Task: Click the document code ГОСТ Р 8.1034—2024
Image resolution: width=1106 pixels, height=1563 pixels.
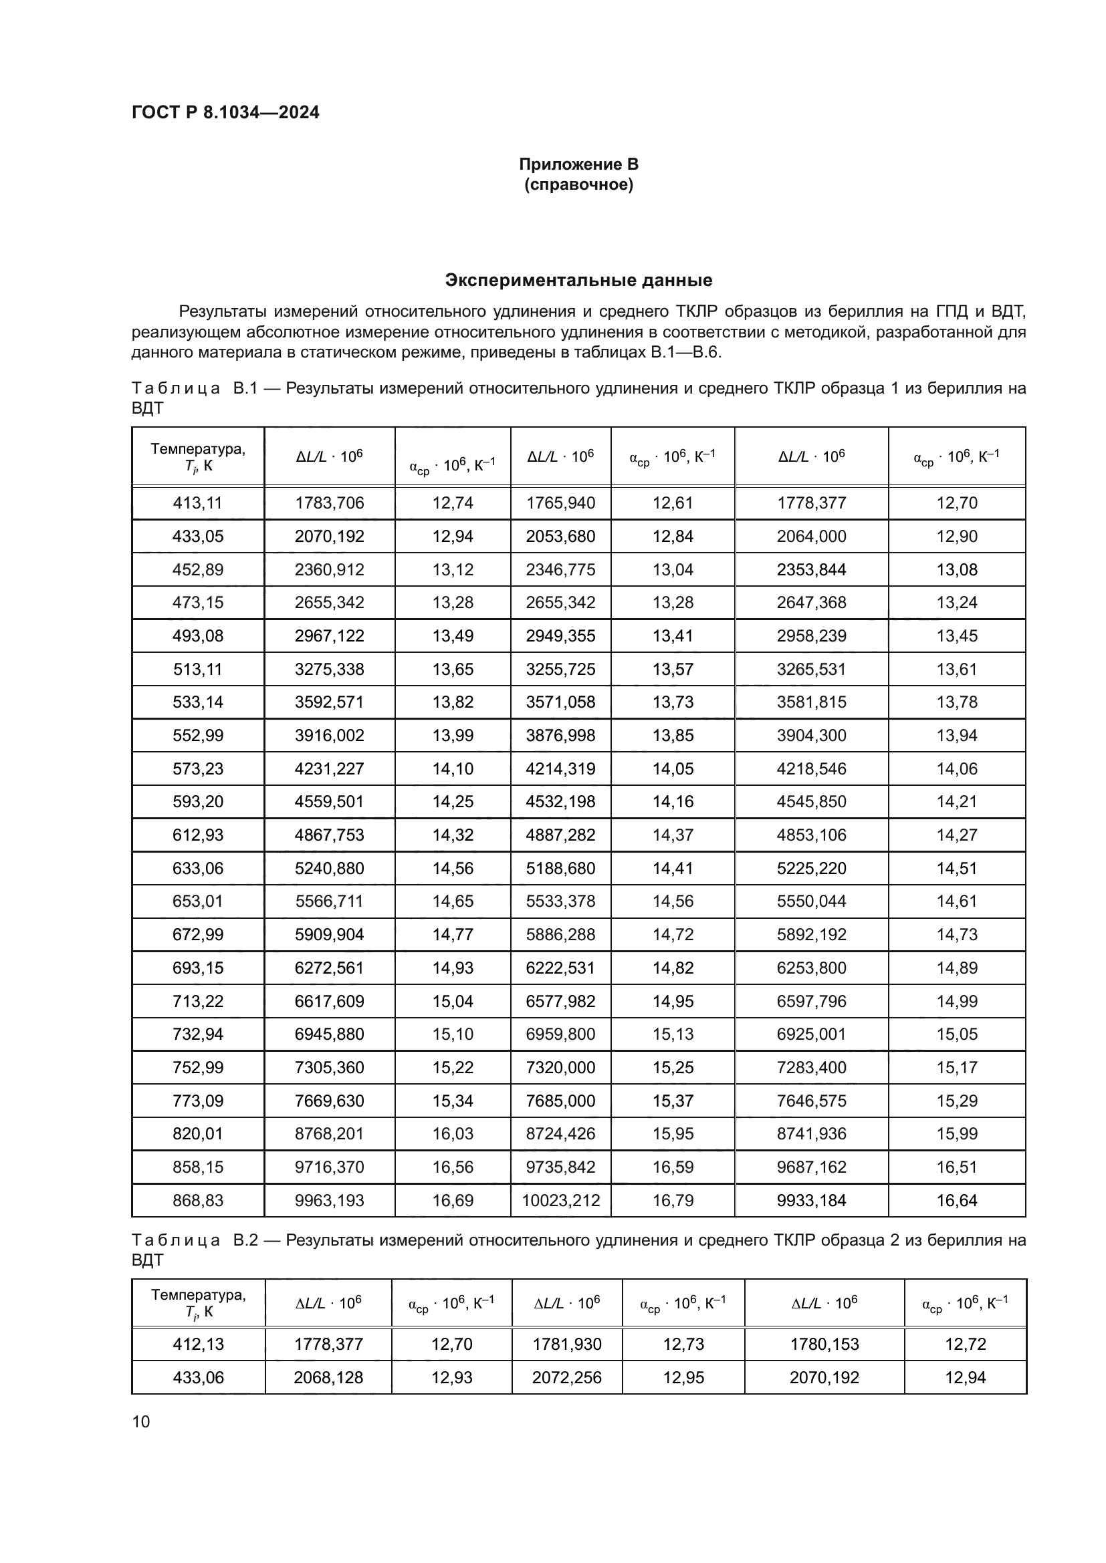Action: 225,112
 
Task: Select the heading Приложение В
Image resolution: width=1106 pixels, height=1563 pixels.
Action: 578,164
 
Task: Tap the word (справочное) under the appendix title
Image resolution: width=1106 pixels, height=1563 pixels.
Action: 578,184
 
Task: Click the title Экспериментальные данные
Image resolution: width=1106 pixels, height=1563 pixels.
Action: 578,280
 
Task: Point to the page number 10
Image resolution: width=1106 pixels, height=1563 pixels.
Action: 141,1422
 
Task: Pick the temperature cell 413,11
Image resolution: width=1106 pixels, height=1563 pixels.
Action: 197,503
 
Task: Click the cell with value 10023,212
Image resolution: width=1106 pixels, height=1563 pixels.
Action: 560,1200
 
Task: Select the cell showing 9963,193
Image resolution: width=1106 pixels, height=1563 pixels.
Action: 329,1200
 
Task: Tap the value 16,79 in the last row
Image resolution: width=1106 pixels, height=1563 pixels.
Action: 672,1200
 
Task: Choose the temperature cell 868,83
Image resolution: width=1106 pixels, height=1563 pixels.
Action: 197,1200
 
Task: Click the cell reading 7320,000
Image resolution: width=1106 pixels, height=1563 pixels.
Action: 560,1067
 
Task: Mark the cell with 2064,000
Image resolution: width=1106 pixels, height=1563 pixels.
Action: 811,537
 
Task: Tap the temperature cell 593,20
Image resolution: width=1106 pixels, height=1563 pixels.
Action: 197,801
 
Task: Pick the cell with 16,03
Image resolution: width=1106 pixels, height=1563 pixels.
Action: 452,1133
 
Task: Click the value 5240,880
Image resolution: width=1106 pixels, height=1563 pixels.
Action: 329,868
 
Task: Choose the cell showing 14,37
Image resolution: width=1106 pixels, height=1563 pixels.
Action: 672,835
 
